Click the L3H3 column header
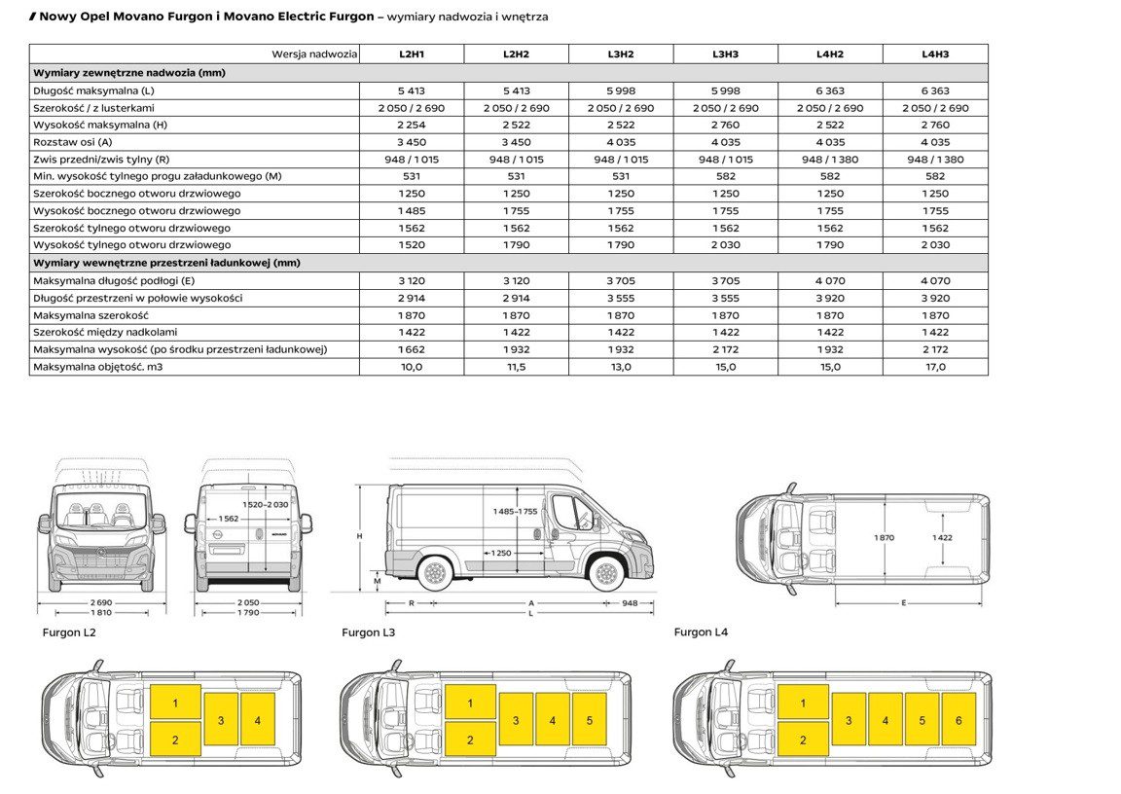pos(725,54)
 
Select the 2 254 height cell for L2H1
pos(411,125)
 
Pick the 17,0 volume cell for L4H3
pos(935,367)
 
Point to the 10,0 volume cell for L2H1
pos(411,367)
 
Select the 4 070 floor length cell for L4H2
pos(830,280)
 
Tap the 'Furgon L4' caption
pos(701,632)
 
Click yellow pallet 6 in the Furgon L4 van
pos(958,720)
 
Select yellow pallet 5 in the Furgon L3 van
pos(589,720)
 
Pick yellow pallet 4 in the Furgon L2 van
pos(258,720)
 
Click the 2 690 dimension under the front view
pos(100,602)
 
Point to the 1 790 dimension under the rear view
pos(248,612)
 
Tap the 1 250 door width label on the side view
pos(500,553)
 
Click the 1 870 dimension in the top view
pos(884,537)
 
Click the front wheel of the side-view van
pos(606,572)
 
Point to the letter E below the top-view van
pos(903,603)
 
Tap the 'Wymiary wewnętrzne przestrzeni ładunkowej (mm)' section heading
pos(166,263)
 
